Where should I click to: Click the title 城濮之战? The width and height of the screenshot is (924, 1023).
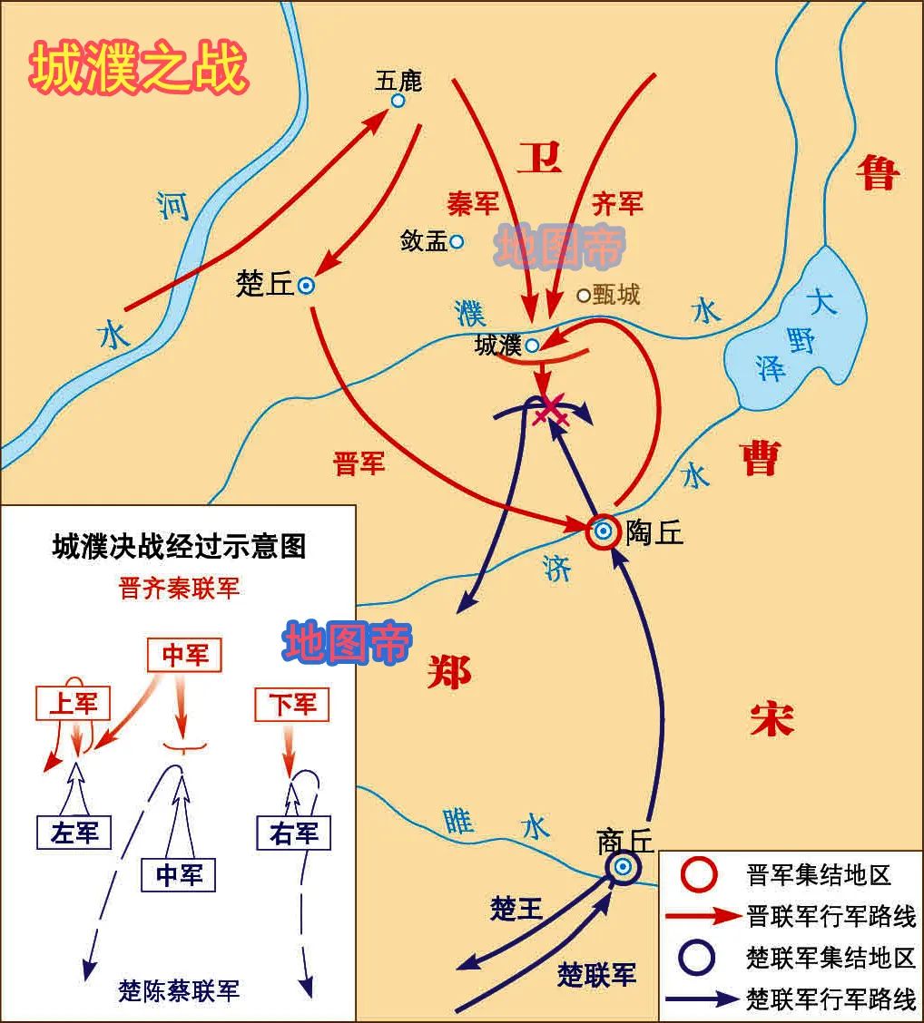pyautogui.click(x=138, y=70)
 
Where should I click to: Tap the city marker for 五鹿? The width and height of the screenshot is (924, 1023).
pyautogui.click(x=398, y=101)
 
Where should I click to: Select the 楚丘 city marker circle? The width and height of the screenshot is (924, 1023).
pyautogui.click(x=307, y=286)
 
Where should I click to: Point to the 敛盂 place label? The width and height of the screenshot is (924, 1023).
pyautogui.click(x=424, y=241)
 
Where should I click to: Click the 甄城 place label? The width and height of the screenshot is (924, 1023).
pyautogui.click(x=616, y=294)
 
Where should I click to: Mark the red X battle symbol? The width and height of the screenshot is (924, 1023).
pyautogui.click(x=551, y=413)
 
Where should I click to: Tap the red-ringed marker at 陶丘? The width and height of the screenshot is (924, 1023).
pyautogui.click(x=603, y=531)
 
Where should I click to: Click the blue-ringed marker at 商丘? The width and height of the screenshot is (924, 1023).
pyautogui.click(x=623, y=867)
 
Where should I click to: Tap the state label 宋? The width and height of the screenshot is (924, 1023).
pyautogui.click(x=772, y=721)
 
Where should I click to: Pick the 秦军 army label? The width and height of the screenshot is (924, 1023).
pyautogui.click(x=473, y=203)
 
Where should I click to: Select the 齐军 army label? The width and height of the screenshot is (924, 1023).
pyautogui.click(x=617, y=203)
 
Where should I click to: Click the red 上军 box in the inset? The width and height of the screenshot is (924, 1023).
pyautogui.click(x=74, y=703)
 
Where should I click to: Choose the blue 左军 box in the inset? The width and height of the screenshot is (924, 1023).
pyautogui.click(x=74, y=833)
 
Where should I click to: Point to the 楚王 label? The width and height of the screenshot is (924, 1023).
pyautogui.click(x=516, y=909)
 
